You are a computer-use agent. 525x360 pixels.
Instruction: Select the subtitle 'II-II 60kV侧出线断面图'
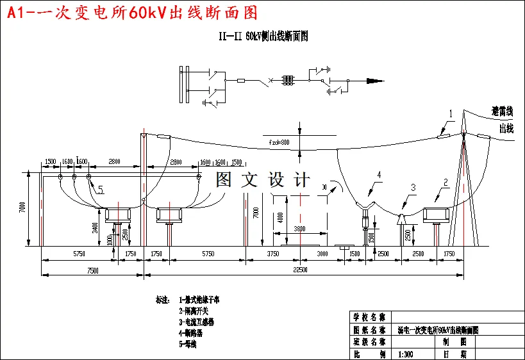[x=263, y=37]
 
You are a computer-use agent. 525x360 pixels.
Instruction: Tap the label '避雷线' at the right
[x=502, y=111]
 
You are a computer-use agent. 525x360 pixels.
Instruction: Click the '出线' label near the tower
[x=506, y=128]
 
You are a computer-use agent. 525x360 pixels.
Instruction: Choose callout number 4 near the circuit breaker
[x=379, y=174]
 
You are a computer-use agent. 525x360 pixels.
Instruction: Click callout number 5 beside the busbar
[x=101, y=189]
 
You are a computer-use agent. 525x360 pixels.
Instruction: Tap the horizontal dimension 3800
[x=299, y=229]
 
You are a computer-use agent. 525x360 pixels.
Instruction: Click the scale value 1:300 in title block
[x=405, y=354]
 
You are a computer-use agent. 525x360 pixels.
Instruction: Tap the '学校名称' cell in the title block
[x=369, y=317]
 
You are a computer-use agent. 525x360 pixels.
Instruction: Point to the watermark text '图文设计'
[x=263, y=179]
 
